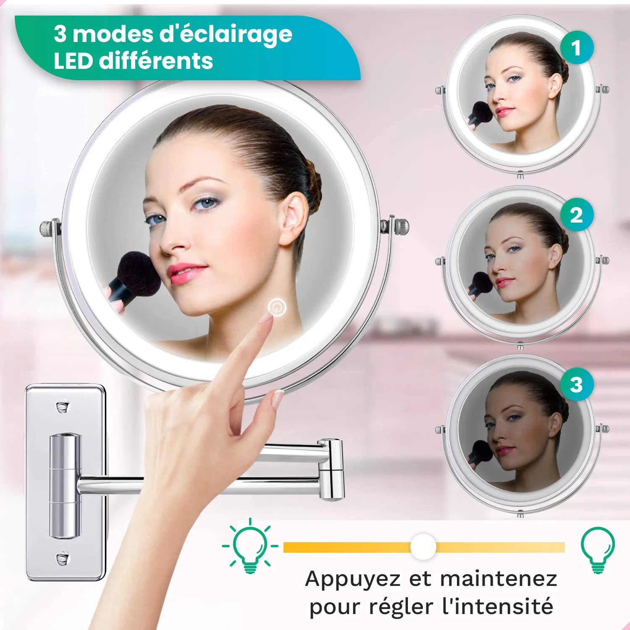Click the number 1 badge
tap(577, 47)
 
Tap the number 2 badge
tap(577, 215)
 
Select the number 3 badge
tap(577, 384)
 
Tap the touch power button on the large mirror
tap(277, 307)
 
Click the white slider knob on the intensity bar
tap(423, 547)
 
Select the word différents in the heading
tap(156, 61)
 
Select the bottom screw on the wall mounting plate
tap(63, 558)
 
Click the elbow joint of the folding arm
tap(332, 469)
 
